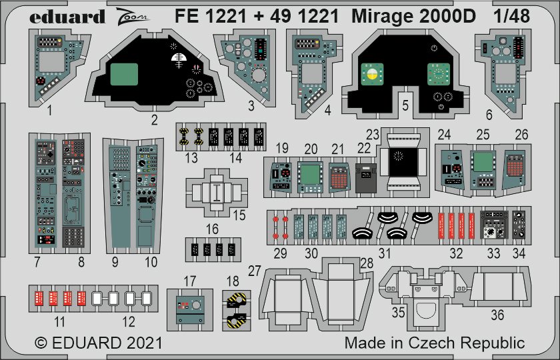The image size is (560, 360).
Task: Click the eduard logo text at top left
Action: click(x=67, y=17)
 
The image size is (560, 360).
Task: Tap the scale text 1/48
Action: click(x=511, y=16)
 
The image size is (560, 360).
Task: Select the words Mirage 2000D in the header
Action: click(x=413, y=16)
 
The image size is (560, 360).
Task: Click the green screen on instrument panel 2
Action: click(x=124, y=74)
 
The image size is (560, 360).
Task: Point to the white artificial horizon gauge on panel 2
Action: click(x=179, y=59)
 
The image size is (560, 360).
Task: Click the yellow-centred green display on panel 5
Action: click(x=372, y=74)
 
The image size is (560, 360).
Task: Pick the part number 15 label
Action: click(x=239, y=215)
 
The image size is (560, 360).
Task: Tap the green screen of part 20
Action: click(x=310, y=174)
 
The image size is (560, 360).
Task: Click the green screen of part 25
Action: click(x=483, y=162)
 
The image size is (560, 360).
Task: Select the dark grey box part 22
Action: click(x=366, y=178)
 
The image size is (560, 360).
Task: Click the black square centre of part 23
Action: click(x=403, y=162)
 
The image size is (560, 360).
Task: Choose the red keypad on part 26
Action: click(x=515, y=166)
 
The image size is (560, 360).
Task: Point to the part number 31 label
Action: click(x=384, y=253)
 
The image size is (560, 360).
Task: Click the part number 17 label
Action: click(x=189, y=281)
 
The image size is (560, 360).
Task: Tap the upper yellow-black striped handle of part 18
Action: click(x=237, y=301)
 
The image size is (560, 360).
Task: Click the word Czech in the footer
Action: click(x=432, y=343)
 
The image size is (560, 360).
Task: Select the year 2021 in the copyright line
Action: click(x=144, y=343)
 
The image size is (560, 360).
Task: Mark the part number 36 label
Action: click(x=497, y=315)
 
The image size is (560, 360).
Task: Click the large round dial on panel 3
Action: click(x=259, y=75)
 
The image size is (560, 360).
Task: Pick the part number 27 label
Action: click(x=254, y=271)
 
